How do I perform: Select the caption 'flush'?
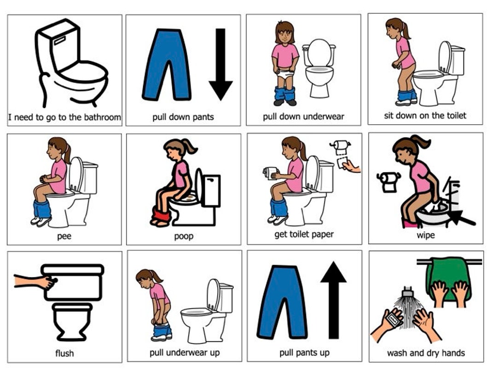64,354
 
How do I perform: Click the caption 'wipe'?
426,235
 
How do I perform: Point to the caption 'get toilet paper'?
304,234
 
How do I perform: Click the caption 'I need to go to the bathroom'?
65,117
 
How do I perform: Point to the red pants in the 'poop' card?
161,215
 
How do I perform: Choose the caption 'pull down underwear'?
303,117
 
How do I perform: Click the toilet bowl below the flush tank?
72,320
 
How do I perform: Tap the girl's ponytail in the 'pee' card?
68,152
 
